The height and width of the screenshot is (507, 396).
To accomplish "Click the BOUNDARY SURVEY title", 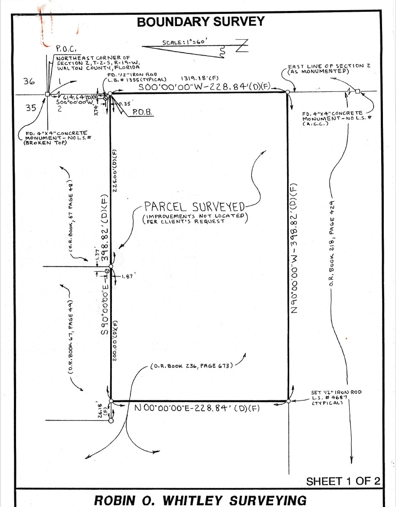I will pyautogui.click(x=201, y=21).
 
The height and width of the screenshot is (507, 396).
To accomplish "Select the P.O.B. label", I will pyautogui.click(x=142, y=113).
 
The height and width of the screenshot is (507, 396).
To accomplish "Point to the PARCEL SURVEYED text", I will pyautogui.click(x=194, y=207).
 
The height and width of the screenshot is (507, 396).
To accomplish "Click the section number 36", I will pyautogui.click(x=29, y=82).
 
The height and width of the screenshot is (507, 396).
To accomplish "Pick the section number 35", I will pyautogui.click(x=31, y=108).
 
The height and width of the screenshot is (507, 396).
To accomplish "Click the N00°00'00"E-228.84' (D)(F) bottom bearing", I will pyautogui.click(x=196, y=408).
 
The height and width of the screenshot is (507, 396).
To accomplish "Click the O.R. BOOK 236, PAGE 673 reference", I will pyautogui.click(x=192, y=366).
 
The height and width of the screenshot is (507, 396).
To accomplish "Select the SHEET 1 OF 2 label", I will pyautogui.click(x=343, y=481).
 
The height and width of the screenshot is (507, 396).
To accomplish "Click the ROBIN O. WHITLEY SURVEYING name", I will pyautogui.click(x=201, y=500).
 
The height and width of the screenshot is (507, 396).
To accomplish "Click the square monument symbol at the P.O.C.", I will pyautogui.click(x=48, y=94).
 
